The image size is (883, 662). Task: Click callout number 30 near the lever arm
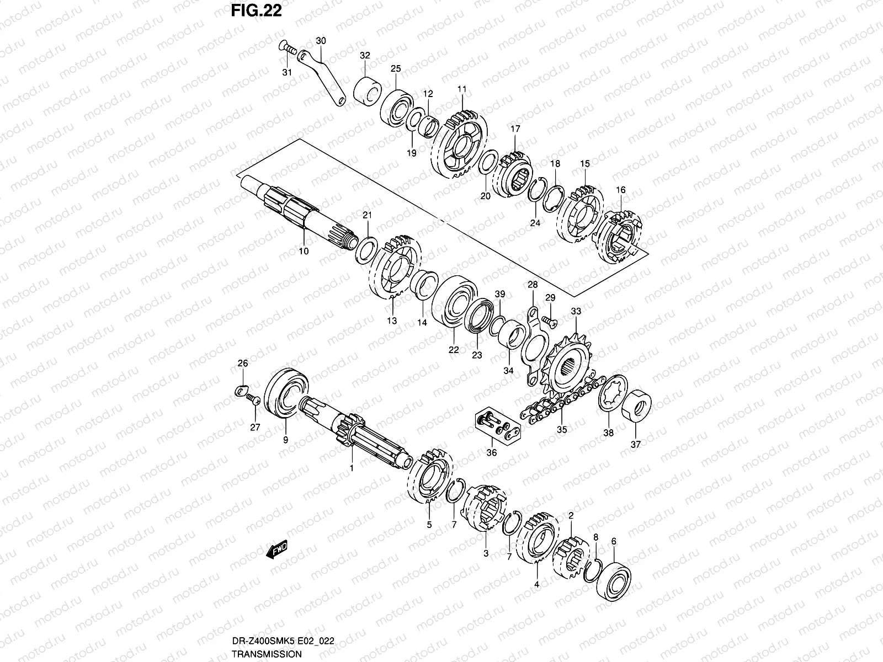coord(321,41)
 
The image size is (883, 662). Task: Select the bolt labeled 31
coord(285,49)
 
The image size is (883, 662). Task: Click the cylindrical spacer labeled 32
coord(366,91)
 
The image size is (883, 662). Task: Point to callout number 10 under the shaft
coord(304,251)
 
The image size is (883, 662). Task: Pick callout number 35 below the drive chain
coord(561,430)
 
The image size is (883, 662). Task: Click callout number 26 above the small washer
coord(243,362)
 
